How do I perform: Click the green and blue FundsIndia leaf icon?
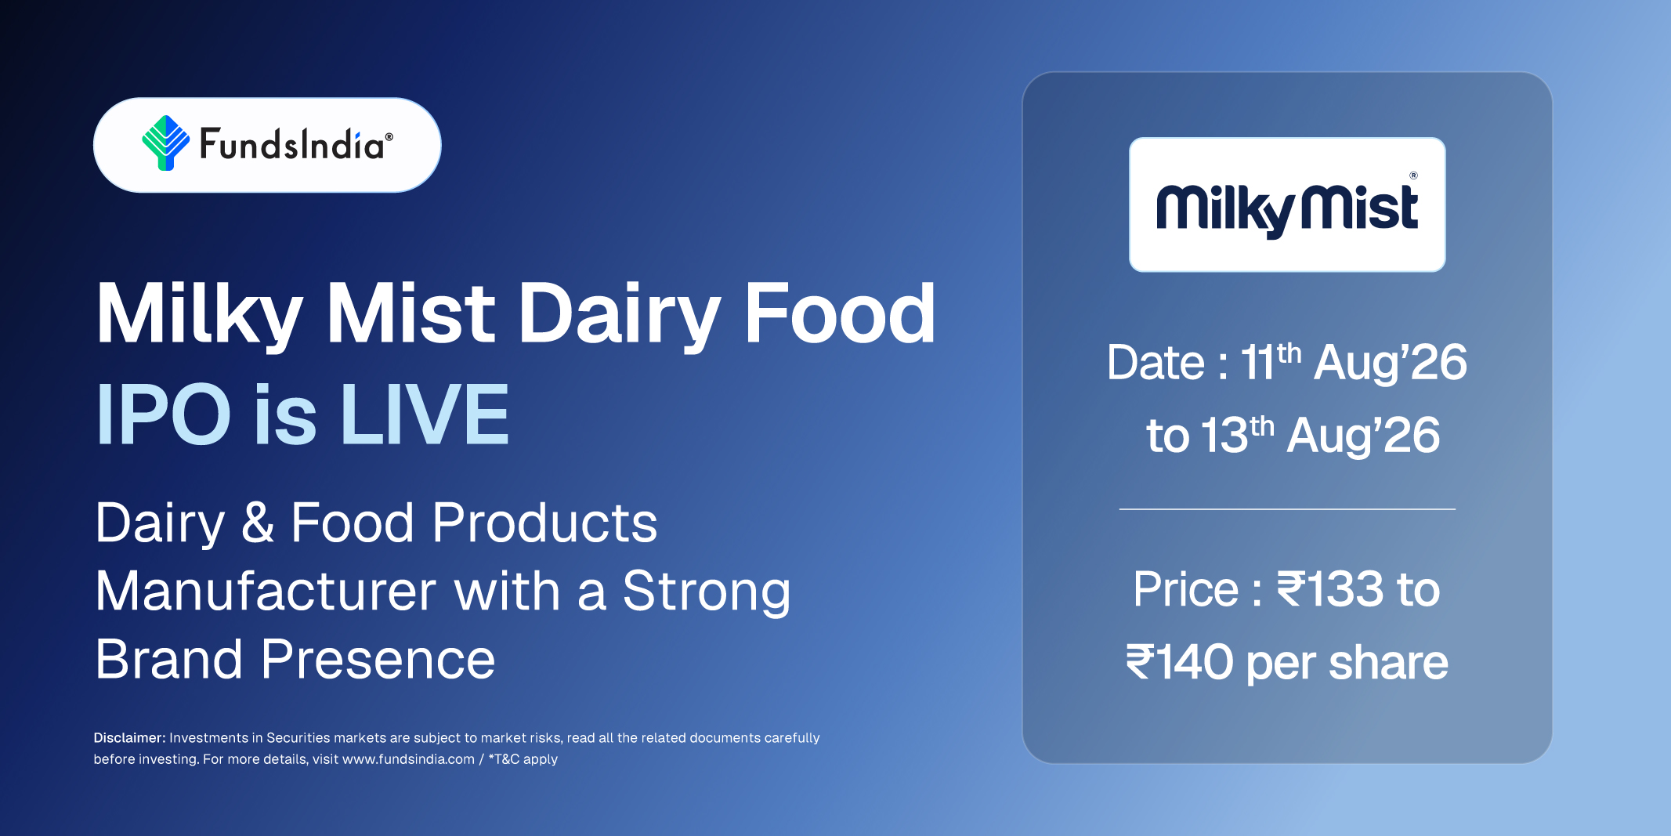coord(165,143)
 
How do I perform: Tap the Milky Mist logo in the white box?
coord(1287,205)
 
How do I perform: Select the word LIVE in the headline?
coord(425,414)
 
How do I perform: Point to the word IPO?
coord(164,414)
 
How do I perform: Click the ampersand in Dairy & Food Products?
coord(258,523)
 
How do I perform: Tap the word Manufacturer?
coord(266,591)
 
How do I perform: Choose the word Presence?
coord(378,660)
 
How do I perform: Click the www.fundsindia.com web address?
coord(408,759)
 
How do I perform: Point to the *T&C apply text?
coord(523,759)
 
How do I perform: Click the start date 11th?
coord(1271,362)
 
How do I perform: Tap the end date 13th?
coord(1238,435)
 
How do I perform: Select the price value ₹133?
coord(1330,589)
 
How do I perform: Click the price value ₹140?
coord(1180,662)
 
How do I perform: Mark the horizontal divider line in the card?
coord(1287,509)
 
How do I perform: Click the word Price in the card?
coord(1185,589)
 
